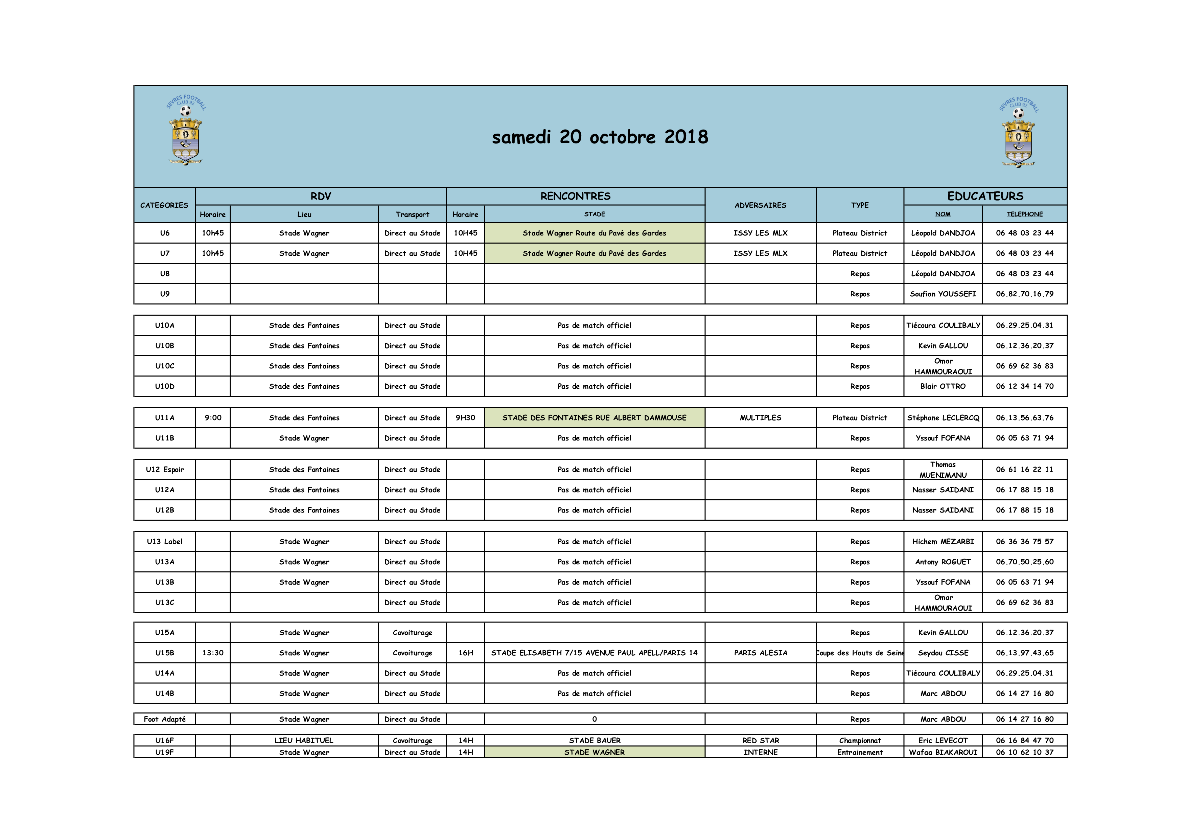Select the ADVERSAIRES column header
pos(760,205)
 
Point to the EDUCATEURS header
pos(985,196)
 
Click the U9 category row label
pos(164,294)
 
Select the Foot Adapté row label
pos(164,719)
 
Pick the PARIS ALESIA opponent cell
pos(760,653)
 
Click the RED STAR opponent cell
pos(760,740)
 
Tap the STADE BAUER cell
pos(595,740)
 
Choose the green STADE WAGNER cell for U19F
pos(595,752)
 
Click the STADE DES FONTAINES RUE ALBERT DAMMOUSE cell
pos(595,418)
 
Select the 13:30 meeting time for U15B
pos(213,653)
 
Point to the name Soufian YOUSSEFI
pos(943,294)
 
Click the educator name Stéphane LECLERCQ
pos(943,418)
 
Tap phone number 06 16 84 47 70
pos(1024,740)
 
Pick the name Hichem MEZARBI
pos(943,541)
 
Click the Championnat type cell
pos(860,740)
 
